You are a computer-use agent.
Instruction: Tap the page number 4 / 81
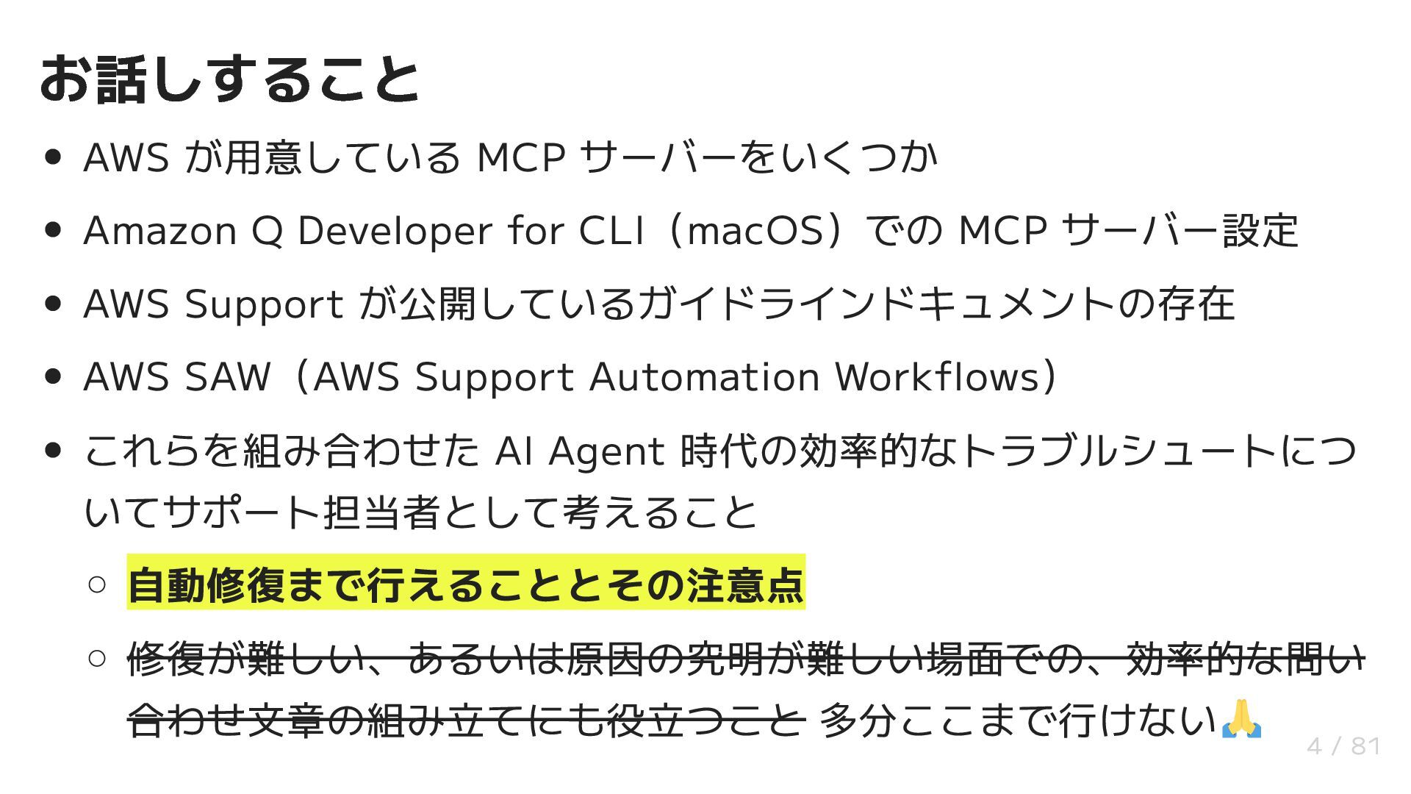pos(1343,747)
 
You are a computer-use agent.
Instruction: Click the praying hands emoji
pos(1241,720)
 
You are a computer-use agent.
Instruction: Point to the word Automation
pos(704,377)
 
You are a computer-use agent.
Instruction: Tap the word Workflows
pos(938,377)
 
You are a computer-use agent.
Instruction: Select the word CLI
pos(611,231)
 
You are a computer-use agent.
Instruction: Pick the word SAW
pos(227,377)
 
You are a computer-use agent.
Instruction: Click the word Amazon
pos(160,231)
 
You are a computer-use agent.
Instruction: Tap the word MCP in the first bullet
pos(520,157)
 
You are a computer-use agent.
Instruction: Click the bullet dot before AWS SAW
pos(52,377)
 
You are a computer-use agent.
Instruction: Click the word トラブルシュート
pos(1118,451)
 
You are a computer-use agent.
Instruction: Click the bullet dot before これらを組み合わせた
pos(52,451)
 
